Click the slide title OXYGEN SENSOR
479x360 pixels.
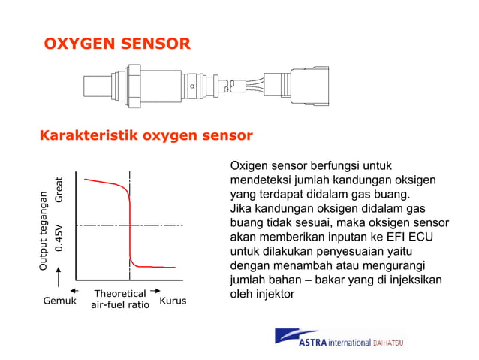pyautogui.click(x=116, y=44)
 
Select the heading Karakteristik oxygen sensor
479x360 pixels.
pyautogui.click(x=145, y=136)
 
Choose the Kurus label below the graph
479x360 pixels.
pyautogui.click(x=173, y=301)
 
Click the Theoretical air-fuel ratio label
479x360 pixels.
pyautogui.click(x=119, y=299)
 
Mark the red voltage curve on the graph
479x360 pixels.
pyautogui.click(x=130, y=225)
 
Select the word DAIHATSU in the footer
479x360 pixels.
pyautogui.click(x=387, y=343)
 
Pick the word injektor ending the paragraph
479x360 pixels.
pyautogui.click(x=273, y=294)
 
